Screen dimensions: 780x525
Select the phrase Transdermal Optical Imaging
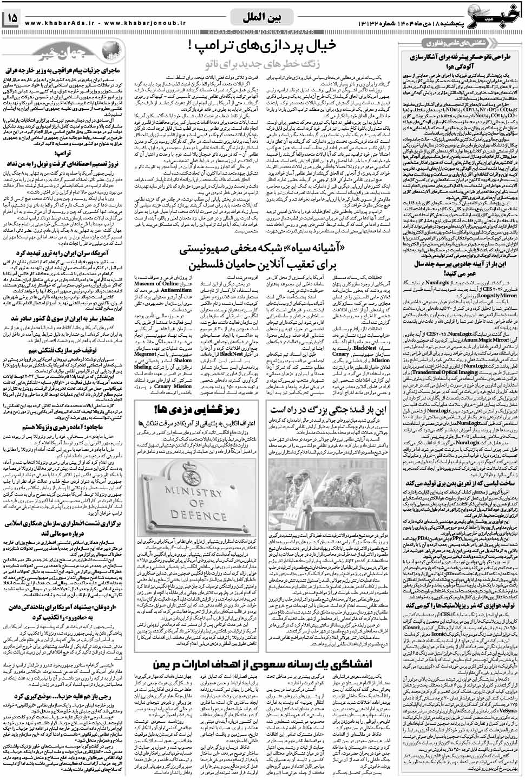pos(438,372)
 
